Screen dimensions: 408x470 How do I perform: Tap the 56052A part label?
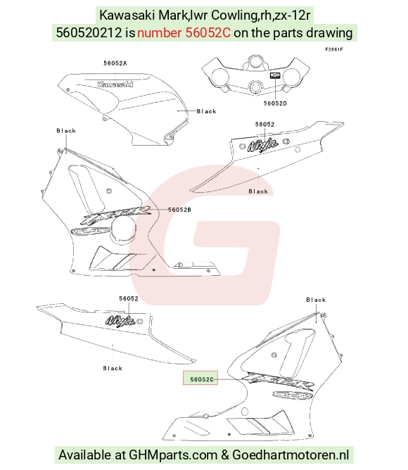coord(115,63)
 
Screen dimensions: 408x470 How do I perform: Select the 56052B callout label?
coord(179,210)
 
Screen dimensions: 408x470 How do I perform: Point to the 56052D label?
coord(275,103)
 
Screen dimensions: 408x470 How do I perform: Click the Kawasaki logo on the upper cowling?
coord(115,84)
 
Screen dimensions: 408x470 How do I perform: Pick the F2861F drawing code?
coord(334,49)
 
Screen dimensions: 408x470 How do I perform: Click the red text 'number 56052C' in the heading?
coord(184,32)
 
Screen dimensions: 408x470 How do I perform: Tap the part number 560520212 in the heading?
coord(89,32)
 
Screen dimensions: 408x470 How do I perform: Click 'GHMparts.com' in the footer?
coord(173,455)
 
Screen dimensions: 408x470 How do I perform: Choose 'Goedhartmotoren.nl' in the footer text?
coord(291,455)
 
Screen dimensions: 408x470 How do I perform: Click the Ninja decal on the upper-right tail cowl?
coord(262,145)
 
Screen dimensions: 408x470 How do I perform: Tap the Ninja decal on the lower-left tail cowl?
coord(120,320)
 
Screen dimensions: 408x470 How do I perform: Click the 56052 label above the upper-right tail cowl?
coord(264,125)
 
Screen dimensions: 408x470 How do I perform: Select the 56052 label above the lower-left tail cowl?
coord(129,298)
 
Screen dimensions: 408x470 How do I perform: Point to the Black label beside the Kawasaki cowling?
coord(206,111)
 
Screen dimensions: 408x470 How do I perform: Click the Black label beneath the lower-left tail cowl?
coord(113,369)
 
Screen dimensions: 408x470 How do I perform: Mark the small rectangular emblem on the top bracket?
coord(275,75)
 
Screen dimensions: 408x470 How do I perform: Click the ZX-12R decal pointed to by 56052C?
coord(278,381)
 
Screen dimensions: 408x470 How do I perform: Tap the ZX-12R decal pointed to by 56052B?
coord(115,216)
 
